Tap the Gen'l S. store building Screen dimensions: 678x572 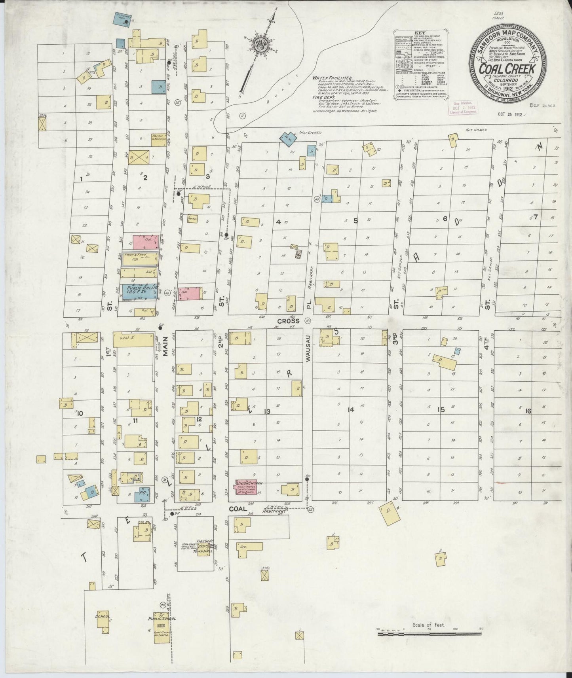pyautogui.click(x=133, y=339)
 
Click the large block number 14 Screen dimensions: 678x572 pyautogui.click(x=350, y=410)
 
